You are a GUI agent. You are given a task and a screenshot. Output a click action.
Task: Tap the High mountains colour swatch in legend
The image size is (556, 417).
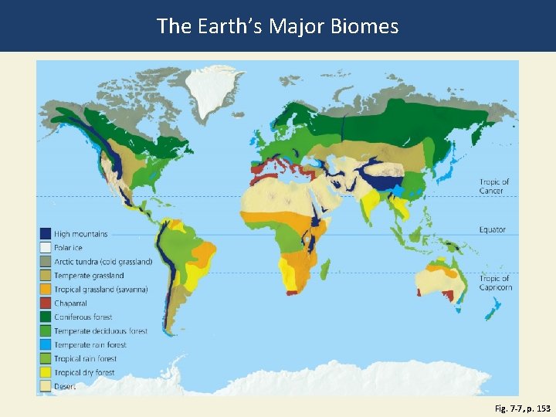(x=46, y=234)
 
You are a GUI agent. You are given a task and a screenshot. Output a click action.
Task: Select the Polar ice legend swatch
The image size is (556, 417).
(x=46, y=248)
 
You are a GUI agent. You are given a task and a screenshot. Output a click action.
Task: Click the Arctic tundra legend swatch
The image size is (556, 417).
(x=46, y=262)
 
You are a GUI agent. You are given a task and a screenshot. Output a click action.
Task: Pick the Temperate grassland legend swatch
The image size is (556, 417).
(x=46, y=276)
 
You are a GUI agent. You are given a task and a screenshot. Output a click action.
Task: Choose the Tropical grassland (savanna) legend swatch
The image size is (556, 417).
(x=46, y=290)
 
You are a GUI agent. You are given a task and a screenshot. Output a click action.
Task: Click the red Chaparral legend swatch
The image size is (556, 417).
(x=46, y=303)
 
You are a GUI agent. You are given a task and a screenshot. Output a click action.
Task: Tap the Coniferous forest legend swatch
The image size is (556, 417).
(x=46, y=317)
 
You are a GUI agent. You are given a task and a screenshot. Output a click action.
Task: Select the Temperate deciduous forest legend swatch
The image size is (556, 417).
(x=46, y=331)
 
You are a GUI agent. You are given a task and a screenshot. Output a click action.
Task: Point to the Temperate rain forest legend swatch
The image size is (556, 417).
(x=46, y=345)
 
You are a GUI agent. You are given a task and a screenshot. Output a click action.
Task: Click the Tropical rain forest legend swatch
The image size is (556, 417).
(x=46, y=359)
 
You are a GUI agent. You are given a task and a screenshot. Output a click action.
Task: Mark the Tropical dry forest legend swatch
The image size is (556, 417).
(x=46, y=373)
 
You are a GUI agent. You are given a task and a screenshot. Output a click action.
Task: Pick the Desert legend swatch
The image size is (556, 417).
(x=46, y=387)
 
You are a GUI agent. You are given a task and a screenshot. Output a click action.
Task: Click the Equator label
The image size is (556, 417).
(x=493, y=229)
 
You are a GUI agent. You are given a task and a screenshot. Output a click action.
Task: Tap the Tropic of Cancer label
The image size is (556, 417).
(x=494, y=186)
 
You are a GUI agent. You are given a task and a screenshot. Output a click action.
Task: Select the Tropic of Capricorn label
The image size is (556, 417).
(x=496, y=283)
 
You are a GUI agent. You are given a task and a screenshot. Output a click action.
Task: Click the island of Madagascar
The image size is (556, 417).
(x=325, y=270)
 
